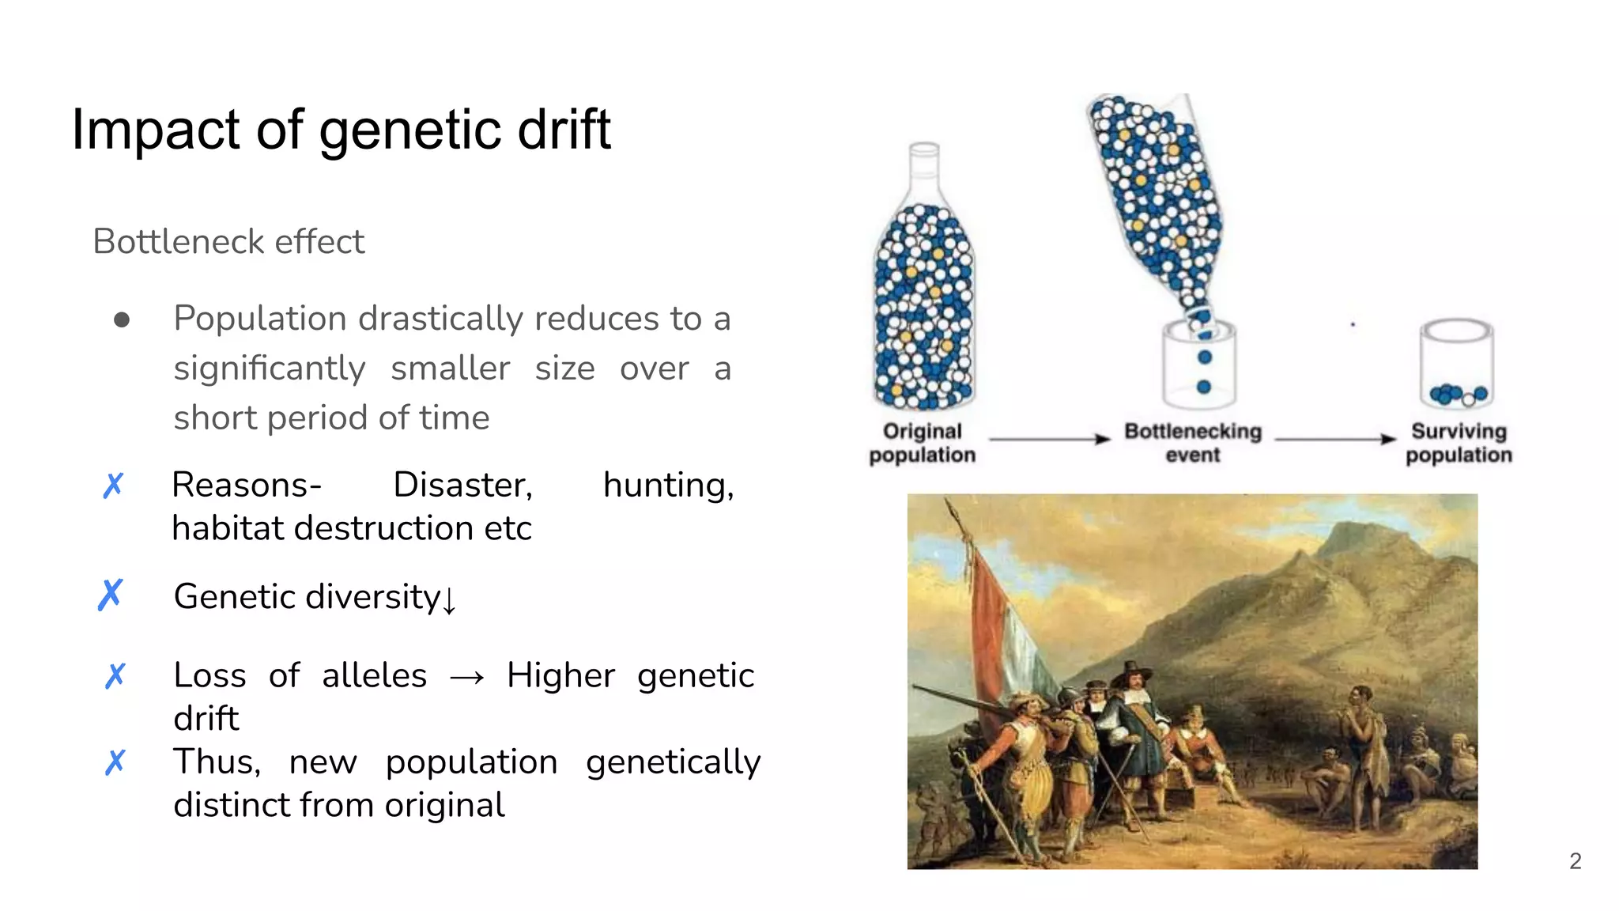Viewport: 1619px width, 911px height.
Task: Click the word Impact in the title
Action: (x=155, y=130)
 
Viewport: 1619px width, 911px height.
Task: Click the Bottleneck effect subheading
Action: (x=228, y=242)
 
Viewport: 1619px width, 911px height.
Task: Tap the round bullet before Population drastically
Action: (x=122, y=319)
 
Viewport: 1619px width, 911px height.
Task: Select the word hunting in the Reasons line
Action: (x=668, y=485)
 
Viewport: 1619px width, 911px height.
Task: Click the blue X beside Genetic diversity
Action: (x=111, y=595)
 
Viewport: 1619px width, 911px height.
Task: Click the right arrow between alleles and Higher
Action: (x=466, y=678)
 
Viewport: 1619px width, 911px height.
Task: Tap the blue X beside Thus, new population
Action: (x=115, y=762)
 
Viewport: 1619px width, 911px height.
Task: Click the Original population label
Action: (x=922, y=443)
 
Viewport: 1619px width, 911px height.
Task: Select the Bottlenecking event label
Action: (x=1192, y=443)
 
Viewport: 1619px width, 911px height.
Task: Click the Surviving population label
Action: (x=1459, y=443)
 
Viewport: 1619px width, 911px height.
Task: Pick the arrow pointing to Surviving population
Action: (x=1335, y=439)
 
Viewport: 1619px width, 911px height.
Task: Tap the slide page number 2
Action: (x=1575, y=861)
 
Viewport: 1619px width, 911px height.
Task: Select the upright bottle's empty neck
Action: (x=923, y=170)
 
